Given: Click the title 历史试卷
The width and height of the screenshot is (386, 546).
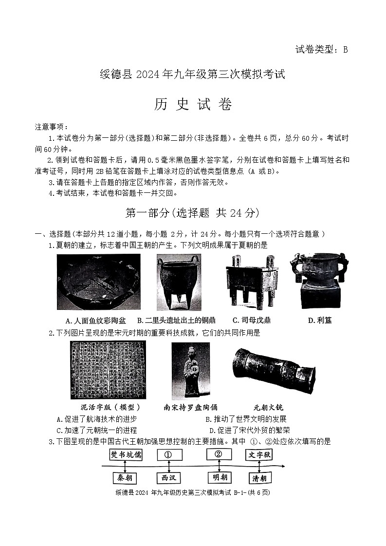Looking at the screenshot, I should (x=193, y=104).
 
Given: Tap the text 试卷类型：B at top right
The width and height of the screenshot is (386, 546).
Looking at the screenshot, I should (x=322, y=49).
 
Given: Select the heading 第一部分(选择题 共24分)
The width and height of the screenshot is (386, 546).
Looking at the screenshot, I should (x=192, y=213).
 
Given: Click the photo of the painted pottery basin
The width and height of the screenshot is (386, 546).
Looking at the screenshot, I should (x=98, y=282).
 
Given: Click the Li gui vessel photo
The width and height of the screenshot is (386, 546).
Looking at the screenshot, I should (x=319, y=280).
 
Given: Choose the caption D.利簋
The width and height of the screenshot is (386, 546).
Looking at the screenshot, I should (x=320, y=320).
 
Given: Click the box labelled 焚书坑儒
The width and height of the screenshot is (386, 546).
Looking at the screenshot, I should (x=126, y=455).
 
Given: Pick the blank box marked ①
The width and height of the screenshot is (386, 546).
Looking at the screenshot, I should (x=169, y=455).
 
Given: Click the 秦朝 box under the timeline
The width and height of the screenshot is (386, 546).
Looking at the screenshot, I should (x=125, y=478).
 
